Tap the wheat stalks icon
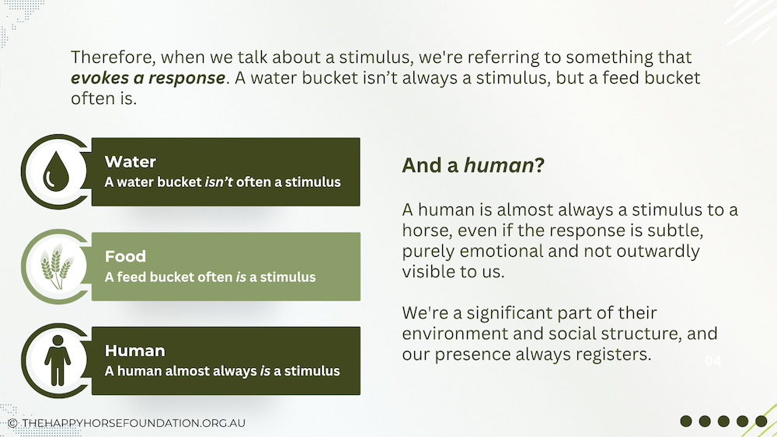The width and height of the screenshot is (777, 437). (57, 266)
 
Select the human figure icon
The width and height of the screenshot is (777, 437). (57, 360)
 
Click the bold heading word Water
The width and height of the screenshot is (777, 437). (131, 161)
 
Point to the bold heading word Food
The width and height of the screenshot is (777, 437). (125, 256)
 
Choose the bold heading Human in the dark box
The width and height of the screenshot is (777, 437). (134, 351)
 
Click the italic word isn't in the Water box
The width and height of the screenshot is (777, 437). (218, 182)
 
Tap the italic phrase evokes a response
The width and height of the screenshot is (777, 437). (148, 78)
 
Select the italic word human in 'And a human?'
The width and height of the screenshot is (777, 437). (499, 165)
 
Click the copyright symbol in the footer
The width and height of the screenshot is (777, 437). (13, 423)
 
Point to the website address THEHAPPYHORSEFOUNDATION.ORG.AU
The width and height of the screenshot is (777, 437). (134, 423)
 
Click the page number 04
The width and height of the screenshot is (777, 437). (713, 361)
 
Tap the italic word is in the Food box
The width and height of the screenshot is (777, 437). (241, 276)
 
